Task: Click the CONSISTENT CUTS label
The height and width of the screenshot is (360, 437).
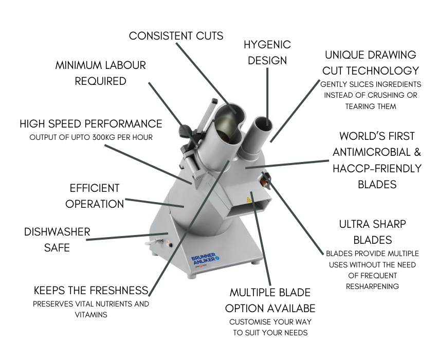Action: (176, 36)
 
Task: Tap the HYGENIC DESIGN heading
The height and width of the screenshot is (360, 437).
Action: (267, 52)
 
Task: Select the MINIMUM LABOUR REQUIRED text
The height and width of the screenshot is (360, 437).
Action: (101, 73)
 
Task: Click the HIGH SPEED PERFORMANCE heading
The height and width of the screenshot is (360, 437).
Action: (91, 124)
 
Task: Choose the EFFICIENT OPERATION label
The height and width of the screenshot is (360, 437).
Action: (95, 196)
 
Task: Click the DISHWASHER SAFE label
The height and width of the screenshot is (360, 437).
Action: (57, 240)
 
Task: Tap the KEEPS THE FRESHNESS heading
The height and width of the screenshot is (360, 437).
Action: (91, 290)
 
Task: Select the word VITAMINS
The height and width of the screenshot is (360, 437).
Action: (91, 315)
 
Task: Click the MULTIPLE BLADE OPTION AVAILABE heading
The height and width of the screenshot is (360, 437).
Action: (270, 300)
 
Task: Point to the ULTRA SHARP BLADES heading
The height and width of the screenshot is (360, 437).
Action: (372, 232)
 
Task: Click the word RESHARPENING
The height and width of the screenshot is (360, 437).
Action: (372, 286)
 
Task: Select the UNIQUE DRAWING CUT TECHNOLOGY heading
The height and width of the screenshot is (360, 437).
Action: (371, 63)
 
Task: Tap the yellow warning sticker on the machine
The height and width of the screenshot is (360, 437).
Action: (249, 200)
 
